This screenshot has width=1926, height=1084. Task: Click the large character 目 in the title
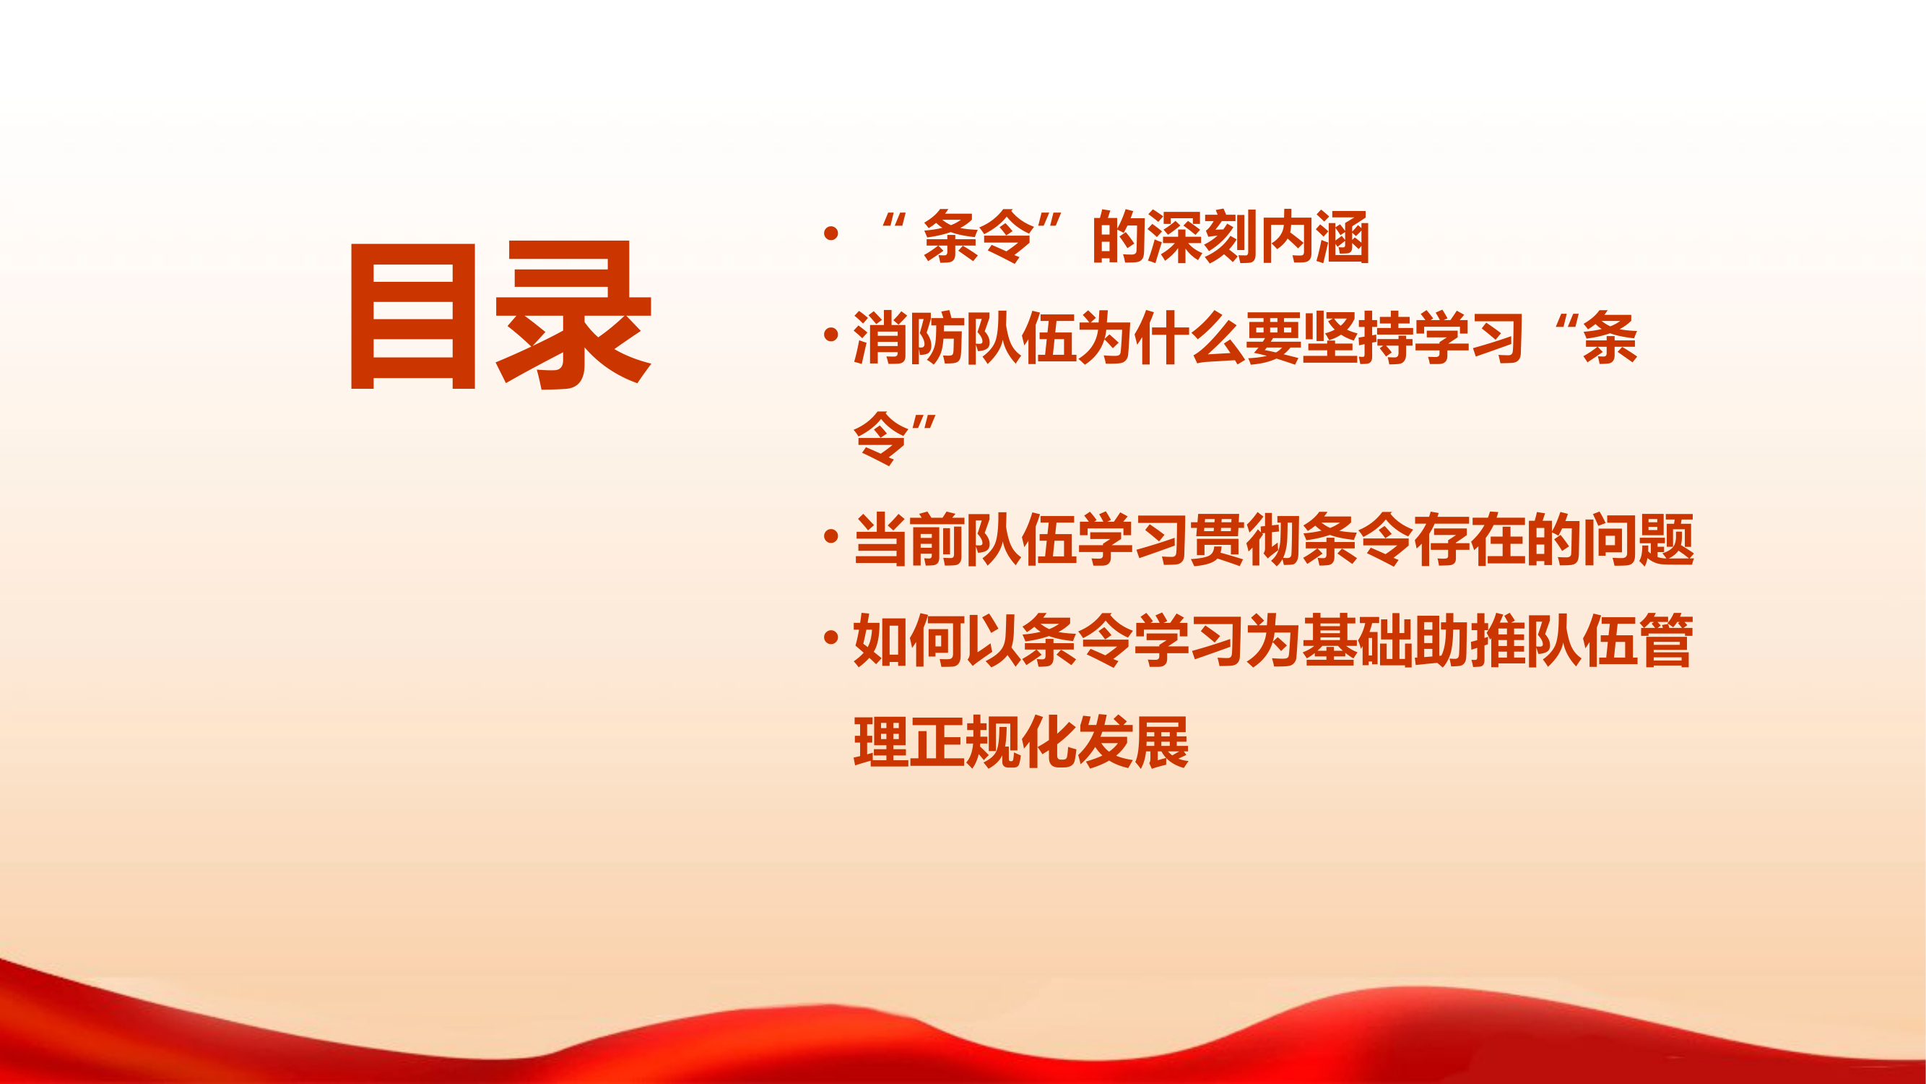[x=413, y=315]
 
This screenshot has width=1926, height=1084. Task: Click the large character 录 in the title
[x=573, y=315]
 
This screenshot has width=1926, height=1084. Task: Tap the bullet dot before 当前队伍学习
[x=830, y=535]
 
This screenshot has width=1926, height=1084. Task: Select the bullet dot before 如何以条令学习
[x=830, y=637]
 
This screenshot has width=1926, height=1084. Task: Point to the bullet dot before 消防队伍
[x=830, y=335]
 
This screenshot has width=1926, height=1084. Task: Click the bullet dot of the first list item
[x=830, y=233]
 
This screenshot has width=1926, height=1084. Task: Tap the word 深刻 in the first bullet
[x=1204, y=237]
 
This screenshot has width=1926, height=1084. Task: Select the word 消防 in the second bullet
[x=908, y=338]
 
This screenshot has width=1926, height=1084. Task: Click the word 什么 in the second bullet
[x=1189, y=338]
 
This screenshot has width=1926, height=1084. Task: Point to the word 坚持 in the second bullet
[x=1357, y=338]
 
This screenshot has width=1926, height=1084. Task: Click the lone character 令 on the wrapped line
[x=881, y=438]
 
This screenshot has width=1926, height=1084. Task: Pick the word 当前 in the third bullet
[x=908, y=539]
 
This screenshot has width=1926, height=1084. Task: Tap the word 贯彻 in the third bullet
[x=1245, y=539]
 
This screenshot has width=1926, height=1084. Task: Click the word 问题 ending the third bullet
[x=1637, y=539]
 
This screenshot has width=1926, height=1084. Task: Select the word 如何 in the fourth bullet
[x=908, y=641]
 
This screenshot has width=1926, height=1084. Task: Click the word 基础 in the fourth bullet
[x=1357, y=641]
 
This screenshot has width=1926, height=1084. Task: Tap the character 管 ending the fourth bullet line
[x=1666, y=641]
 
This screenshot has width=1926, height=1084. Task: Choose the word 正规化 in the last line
[x=992, y=742]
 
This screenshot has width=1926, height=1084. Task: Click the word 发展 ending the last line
[x=1133, y=742]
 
